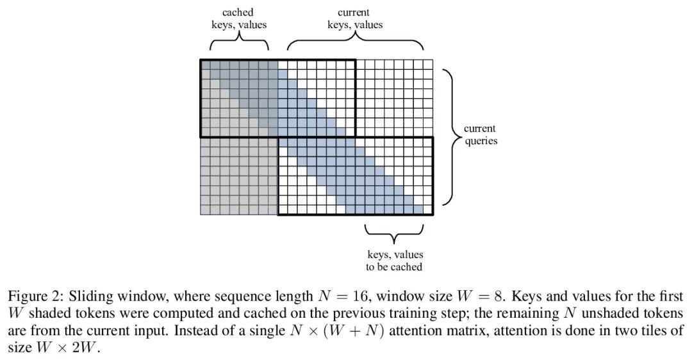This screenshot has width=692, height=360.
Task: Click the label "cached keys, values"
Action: (239, 19)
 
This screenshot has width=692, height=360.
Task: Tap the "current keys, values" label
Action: (354, 19)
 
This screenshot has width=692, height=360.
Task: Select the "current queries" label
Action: (481, 135)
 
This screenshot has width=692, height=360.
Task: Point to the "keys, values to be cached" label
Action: (395, 261)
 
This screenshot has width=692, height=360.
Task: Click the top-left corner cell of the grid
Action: (205, 64)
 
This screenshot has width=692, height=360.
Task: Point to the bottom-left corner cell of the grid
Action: (205, 210)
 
